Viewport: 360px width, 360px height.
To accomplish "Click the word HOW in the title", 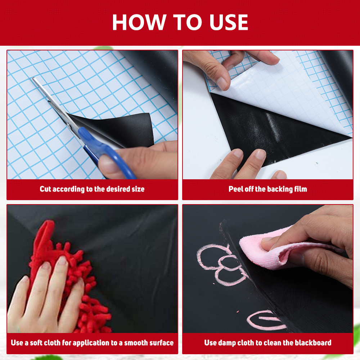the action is coord(139,22).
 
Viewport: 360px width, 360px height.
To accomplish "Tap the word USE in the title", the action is coord(229,22).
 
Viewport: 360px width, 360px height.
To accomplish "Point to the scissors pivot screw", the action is coord(69,125).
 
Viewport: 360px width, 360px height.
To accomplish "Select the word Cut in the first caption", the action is coord(45,189).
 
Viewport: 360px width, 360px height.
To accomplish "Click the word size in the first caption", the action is coord(138,189).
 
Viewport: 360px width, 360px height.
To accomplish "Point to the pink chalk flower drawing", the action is coord(220,264).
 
